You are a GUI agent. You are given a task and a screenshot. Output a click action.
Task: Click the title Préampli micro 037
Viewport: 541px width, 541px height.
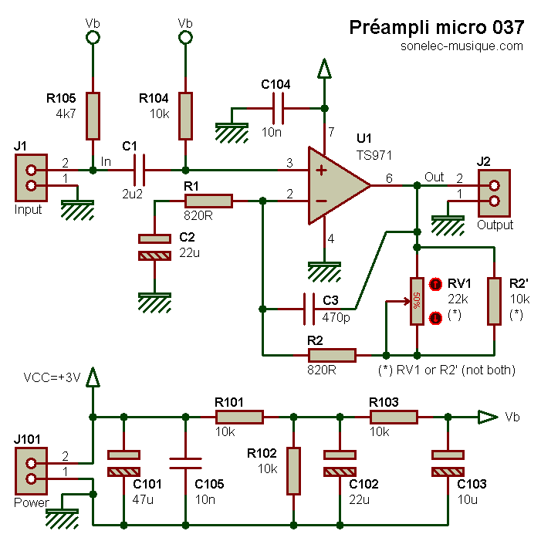437,28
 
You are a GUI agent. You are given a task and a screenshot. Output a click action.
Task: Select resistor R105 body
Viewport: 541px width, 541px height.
93,117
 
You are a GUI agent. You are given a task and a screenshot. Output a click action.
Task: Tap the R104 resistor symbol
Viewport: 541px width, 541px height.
185,117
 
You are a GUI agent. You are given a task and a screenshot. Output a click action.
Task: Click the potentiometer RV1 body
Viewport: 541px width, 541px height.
417,302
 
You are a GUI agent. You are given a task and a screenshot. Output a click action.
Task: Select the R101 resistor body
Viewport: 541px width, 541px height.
239,417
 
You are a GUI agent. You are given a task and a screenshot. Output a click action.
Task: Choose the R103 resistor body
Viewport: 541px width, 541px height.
394,417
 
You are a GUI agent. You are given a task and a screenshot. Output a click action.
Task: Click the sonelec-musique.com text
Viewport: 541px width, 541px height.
462,46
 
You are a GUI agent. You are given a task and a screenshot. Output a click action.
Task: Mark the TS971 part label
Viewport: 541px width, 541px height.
374,154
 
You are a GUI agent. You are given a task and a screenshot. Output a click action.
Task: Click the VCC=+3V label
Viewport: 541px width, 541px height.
51,378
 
